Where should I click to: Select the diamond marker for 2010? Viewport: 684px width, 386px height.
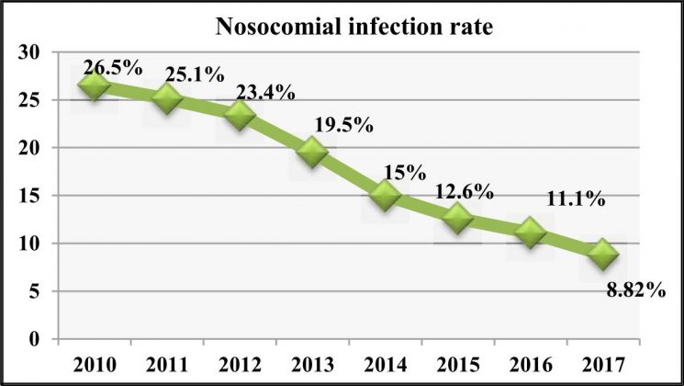click(x=95, y=85)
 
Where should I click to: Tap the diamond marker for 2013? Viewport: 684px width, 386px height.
click(x=312, y=153)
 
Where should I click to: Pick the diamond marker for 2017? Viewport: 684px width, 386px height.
click(x=601, y=254)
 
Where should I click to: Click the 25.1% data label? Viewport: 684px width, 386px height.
click(x=190, y=72)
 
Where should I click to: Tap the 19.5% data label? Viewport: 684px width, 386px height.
click(x=340, y=125)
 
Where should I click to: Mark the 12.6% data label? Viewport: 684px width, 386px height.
click(x=464, y=192)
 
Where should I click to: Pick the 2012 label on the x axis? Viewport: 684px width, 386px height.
click(x=240, y=362)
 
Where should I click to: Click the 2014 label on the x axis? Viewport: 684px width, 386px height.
click(x=384, y=362)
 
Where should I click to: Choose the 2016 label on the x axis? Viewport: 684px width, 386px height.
click(x=529, y=362)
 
